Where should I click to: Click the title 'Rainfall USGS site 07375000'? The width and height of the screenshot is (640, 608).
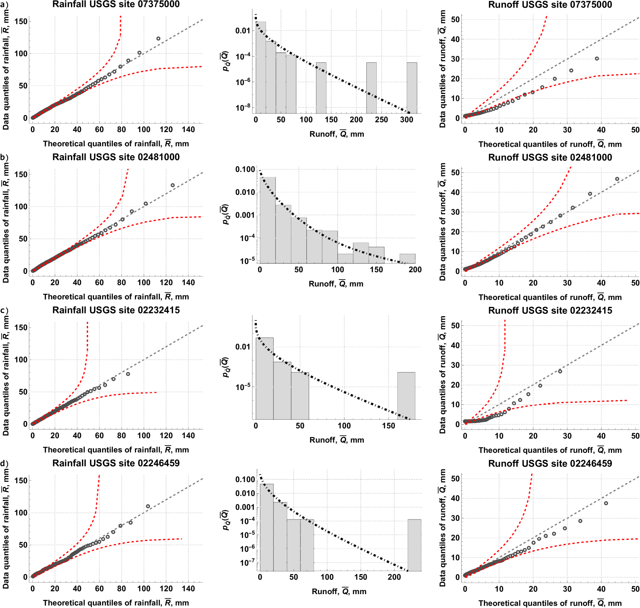116,5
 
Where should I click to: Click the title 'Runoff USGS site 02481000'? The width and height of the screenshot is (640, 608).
550,157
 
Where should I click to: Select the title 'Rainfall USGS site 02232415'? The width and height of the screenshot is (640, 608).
116,310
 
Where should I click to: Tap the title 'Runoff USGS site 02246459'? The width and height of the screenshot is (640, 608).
550,464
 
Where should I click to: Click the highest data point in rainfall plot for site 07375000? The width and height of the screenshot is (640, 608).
158,39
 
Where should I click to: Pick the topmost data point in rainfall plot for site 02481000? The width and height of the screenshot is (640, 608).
173,185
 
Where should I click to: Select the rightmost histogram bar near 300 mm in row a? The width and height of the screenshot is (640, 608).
412,88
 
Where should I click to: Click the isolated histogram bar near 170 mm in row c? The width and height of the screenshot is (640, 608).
406,396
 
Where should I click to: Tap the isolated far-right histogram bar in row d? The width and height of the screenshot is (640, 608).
414,545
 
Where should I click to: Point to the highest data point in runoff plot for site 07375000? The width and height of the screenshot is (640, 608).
597,59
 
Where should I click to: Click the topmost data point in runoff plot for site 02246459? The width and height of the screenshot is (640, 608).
606,503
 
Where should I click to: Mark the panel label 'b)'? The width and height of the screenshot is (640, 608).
4,157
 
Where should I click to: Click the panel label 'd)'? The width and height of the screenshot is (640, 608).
4,463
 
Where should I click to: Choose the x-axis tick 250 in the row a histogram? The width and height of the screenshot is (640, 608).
381,120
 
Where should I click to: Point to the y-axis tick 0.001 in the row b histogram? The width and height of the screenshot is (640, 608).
245,215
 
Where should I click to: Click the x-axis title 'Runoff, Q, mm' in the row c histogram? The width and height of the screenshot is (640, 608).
337,440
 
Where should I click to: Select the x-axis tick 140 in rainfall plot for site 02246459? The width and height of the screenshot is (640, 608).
188,588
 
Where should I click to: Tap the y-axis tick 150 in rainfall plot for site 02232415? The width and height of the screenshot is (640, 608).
21,327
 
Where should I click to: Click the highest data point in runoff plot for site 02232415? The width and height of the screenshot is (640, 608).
560,371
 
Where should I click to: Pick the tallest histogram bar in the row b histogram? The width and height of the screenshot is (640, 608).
268,220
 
